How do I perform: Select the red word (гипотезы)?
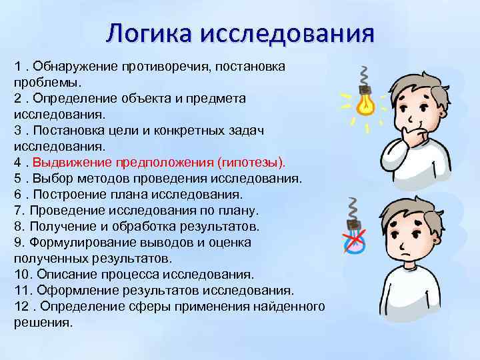point(251,162)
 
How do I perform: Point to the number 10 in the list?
point(21,275)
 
